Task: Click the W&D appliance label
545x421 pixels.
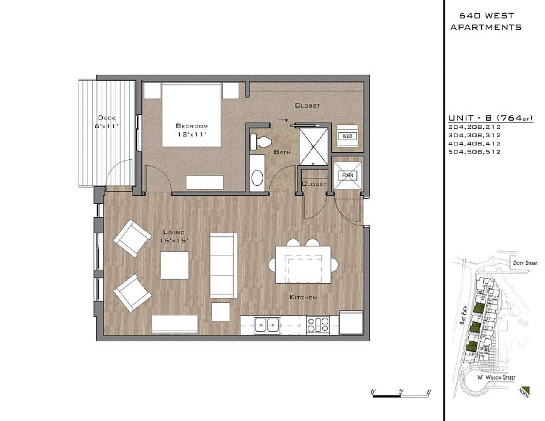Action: [347, 136]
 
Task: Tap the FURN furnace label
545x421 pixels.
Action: [347, 175]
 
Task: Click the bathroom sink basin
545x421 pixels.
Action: [257, 177]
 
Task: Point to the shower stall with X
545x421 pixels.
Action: [313, 146]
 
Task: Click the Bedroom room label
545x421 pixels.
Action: [192, 126]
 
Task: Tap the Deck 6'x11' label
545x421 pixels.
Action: [107, 122]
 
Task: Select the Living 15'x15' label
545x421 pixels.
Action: [174, 236]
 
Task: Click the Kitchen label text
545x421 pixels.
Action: [303, 297]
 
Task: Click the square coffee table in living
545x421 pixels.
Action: [175, 265]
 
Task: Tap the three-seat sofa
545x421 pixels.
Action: [223, 266]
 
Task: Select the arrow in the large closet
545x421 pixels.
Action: [283, 120]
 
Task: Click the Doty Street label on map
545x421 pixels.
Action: [525, 263]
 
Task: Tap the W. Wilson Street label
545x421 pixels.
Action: [496, 378]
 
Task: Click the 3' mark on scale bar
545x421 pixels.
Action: [401, 392]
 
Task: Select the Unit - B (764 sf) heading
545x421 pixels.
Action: [490, 118]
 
